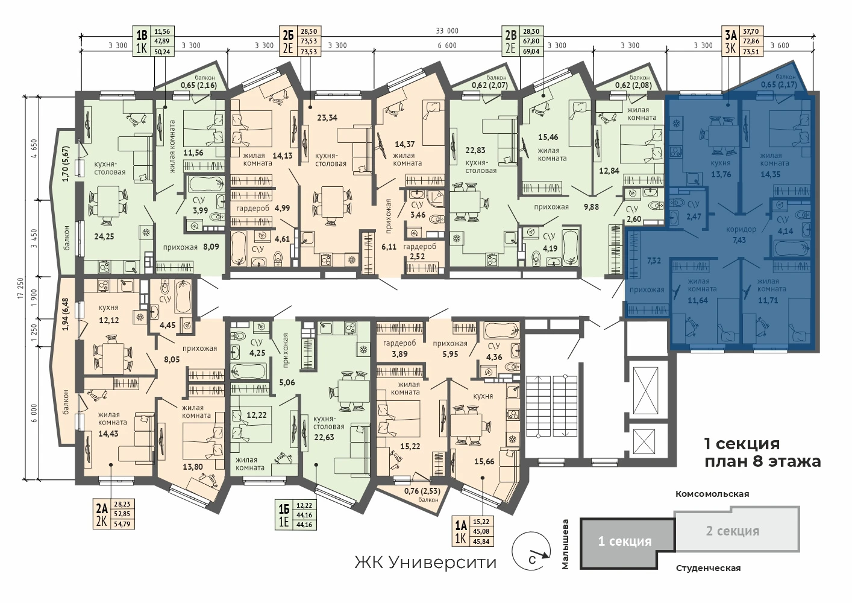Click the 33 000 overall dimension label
tap(447, 31)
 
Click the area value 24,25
tap(104, 236)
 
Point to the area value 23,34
tap(327, 118)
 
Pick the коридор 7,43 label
tap(739, 235)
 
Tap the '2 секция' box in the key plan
tap(737, 529)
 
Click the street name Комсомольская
tap(712, 494)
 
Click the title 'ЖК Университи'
tap(425, 562)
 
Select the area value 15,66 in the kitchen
tap(484, 461)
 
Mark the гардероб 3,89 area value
tap(399, 354)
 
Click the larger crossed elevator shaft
tap(645, 390)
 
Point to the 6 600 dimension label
tap(447, 46)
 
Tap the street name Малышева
tap(565, 544)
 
